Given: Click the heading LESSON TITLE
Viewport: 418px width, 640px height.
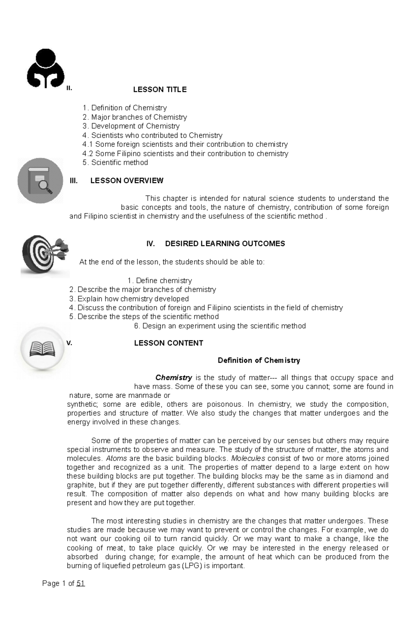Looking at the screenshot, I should (x=160, y=90).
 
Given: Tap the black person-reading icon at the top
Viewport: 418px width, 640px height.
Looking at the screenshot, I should (x=46, y=69).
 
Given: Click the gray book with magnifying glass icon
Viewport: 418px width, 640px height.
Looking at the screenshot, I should (x=40, y=181).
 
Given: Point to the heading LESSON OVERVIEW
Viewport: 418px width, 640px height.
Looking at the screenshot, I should (x=127, y=180).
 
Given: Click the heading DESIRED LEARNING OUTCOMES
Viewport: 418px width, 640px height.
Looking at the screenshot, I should (x=225, y=243).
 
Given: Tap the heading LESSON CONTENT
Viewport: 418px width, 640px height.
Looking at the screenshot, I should (x=169, y=343).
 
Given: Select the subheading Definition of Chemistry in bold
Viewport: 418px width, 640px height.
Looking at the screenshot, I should (x=258, y=360).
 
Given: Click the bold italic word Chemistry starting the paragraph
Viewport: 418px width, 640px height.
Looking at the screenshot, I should (x=173, y=377).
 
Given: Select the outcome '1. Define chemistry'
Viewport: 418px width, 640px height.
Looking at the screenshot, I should (x=160, y=280).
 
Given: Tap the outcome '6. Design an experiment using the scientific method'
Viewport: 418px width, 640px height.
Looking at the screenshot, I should (x=220, y=326).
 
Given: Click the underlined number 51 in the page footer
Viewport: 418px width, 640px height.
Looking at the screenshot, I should (x=80, y=583).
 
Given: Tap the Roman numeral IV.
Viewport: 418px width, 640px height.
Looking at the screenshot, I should (x=150, y=243).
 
